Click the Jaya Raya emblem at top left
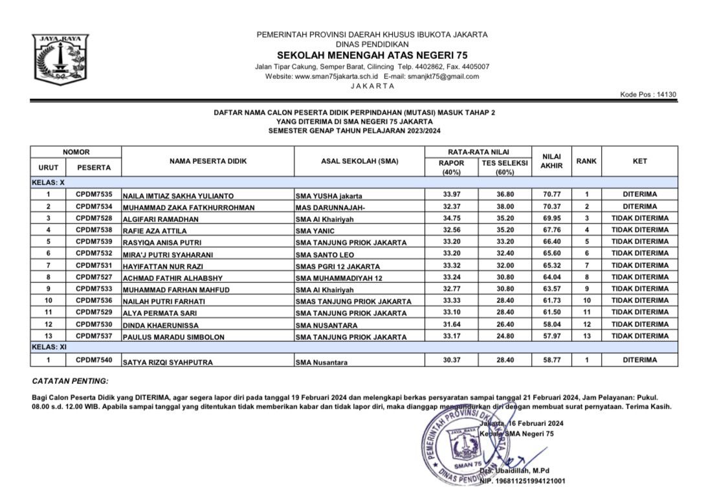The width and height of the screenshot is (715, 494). click(x=59, y=59)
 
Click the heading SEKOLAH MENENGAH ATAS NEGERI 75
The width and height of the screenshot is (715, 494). click(x=372, y=55)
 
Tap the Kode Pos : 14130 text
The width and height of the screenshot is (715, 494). click(x=648, y=95)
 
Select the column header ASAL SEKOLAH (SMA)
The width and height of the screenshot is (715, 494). click(x=360, y=161)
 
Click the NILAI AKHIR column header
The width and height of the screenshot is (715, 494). click(x=551, y=161)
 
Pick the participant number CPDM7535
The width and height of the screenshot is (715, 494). click(x=94, y=194)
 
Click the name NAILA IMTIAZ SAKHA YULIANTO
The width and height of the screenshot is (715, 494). click(x=178, y=195)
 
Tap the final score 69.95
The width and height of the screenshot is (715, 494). click(x=551, y=218)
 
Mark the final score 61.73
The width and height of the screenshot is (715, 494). click(x=551, y=300)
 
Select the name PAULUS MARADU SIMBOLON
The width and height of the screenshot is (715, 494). click(x=168, y=337)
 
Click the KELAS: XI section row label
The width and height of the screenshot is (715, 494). click(x=50, y=347)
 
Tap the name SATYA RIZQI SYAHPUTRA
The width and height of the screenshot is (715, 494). click(x=165, y=362)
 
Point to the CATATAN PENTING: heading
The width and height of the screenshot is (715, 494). click(x=71, y=381)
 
